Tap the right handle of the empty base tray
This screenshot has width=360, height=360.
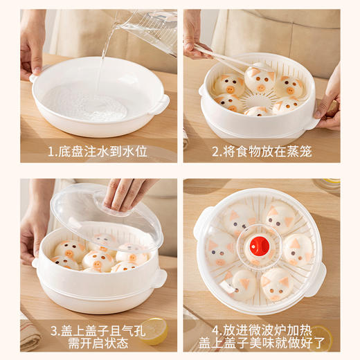coord(161,105)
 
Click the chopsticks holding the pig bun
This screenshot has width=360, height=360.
coord(222,55)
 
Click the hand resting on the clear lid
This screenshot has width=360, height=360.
coord(127,192)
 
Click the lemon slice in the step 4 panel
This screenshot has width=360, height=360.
coord(320,337)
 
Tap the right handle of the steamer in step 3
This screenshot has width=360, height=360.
coord(159,278)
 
